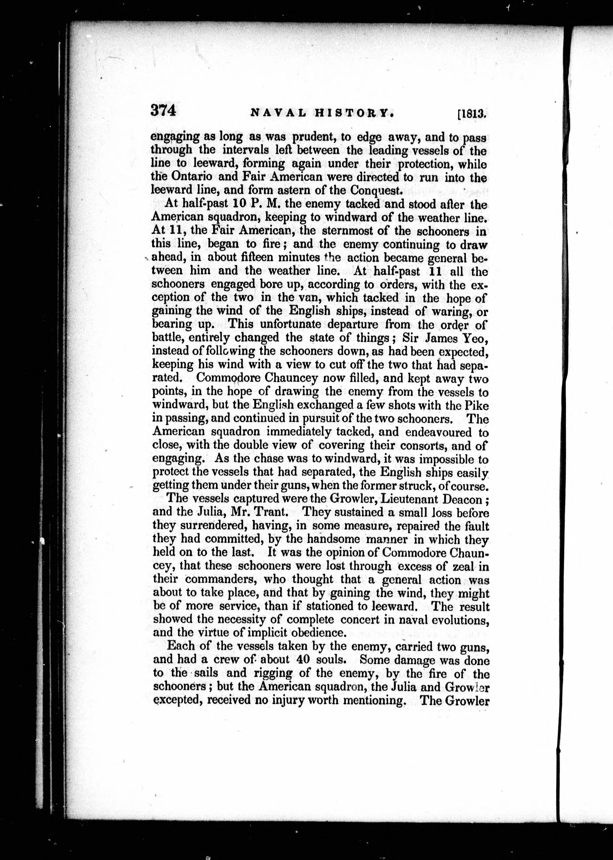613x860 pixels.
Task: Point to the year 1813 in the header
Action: click(x=472, y=114)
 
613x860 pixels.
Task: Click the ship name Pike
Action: click(x=477, y=406)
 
